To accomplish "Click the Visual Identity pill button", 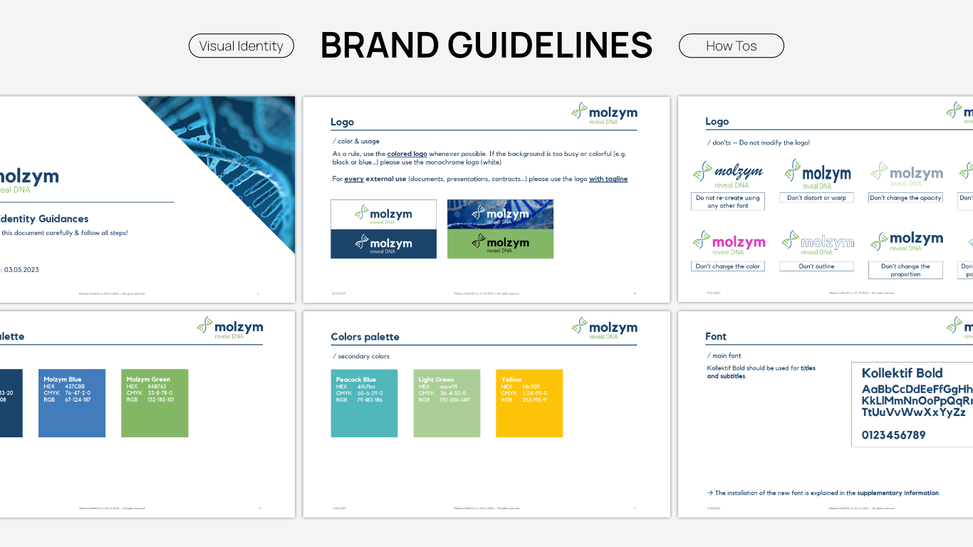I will tap(241, 46).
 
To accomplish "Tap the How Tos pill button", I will tap(731, 46).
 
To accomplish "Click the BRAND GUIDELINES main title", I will tap(486, 45).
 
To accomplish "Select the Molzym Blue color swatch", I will tap(71, 403).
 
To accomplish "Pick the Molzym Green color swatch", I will tap(155, 403).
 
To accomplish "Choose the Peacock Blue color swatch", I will tap(364, 403).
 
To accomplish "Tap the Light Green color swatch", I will tap(447, 403).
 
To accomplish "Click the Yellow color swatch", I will tap(529, 403).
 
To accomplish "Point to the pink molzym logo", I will tap(729, 243).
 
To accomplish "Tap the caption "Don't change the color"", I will tap(727, 266).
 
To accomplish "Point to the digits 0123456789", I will tap(893, 435).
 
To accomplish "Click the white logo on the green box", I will tap(500, 243).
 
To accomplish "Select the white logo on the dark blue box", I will tap(383, 244).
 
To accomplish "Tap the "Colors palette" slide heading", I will tap(365, 337).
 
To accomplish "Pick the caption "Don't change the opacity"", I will tap(905, 198).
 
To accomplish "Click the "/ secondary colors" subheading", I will tap(360, 356).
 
